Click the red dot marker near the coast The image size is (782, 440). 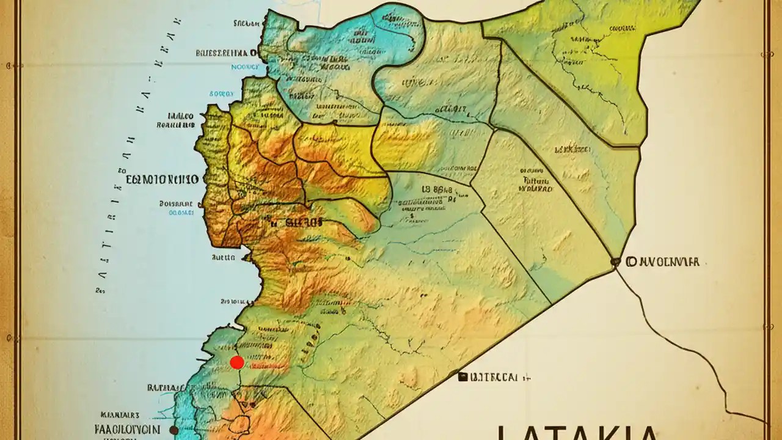(x=237, y=362)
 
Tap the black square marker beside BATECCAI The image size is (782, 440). (x=462, y=377)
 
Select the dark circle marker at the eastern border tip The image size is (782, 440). (x=615, y=262)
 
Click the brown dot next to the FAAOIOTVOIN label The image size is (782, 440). (x=174, y=430)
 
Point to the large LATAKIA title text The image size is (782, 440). (x=577, y=431)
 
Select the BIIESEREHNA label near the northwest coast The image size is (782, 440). (x=226, y=53)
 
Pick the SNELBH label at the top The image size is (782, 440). (x=246, y=24)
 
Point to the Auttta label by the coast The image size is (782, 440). (x=223, y=258)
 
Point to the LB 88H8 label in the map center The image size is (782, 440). (x=438, y=189)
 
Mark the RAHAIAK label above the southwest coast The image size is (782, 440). (x=166, y=387)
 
